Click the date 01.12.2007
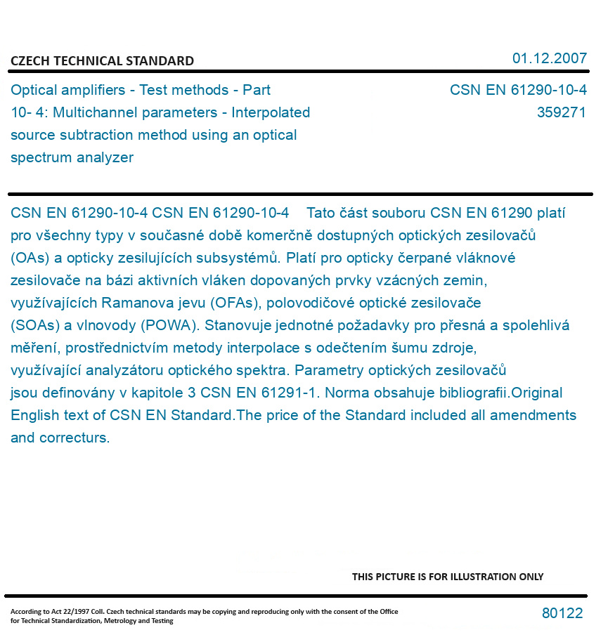click(549, 58)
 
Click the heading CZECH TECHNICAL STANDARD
click(102, 61)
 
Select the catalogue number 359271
click(561, 112)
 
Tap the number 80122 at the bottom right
click(562, 613)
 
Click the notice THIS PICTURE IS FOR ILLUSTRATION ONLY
click(448, 577)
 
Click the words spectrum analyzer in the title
click(72, 157)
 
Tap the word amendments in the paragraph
click(533, 415)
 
